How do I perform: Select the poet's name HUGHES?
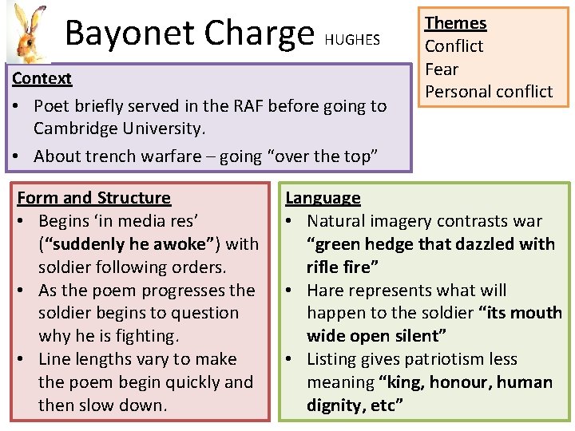click(x=352, y=39)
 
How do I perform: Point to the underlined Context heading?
click(x=42, y=78)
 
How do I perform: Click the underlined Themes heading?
click(x=455, y=23)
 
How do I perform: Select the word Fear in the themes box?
click(x=442, y=69)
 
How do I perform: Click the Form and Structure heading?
click(x=94, y=198)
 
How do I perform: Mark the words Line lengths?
click(x=86, y=359)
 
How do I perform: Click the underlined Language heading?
click(x=323, y=198)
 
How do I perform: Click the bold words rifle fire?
click(x=343, y=267)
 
